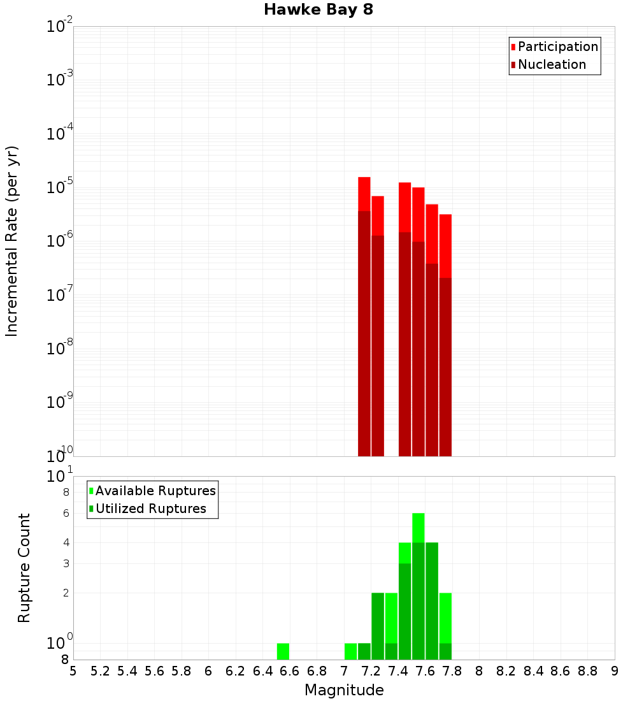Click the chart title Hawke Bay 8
point(318,10)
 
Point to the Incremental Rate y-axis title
point(13,241)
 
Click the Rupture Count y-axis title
point(24,567)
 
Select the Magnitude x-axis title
point(344,690)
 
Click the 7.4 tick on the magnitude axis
point(398,670)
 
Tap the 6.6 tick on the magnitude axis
point(290,670)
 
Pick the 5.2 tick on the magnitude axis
point(101,670)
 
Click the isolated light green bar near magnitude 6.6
point(283,651)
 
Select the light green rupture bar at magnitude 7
point(350,651)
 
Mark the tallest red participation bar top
point(364,178)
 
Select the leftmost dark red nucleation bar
point(364,331)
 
